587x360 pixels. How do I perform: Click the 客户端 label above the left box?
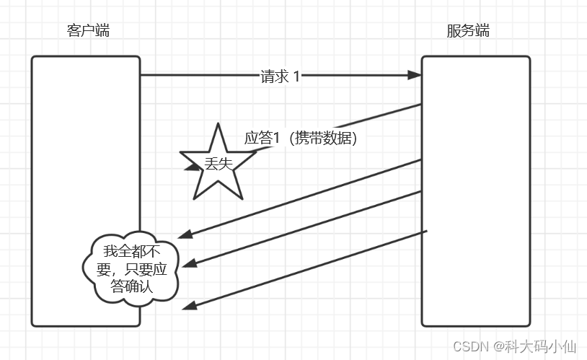pyautogui.click(x=88, y=30)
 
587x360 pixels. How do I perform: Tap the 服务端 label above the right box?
pyautogui.click(x=468, y=30)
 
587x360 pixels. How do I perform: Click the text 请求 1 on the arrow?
pyautogui.click(x=280, y=76)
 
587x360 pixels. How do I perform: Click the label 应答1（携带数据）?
pyautogui.click(x=301, y=138)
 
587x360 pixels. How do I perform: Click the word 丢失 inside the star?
pyautogui.click(x=218, y=164)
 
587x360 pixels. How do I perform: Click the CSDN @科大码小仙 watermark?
pyautogui.click(x=514, y=346)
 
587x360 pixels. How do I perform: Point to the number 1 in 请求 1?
pyautogui.click(x=296, y=76)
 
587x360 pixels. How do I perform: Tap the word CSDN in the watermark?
pyautogui.click(x=471, y=346)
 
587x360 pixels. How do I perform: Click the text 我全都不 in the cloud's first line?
pyautogui.click(x=130, y=251)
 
